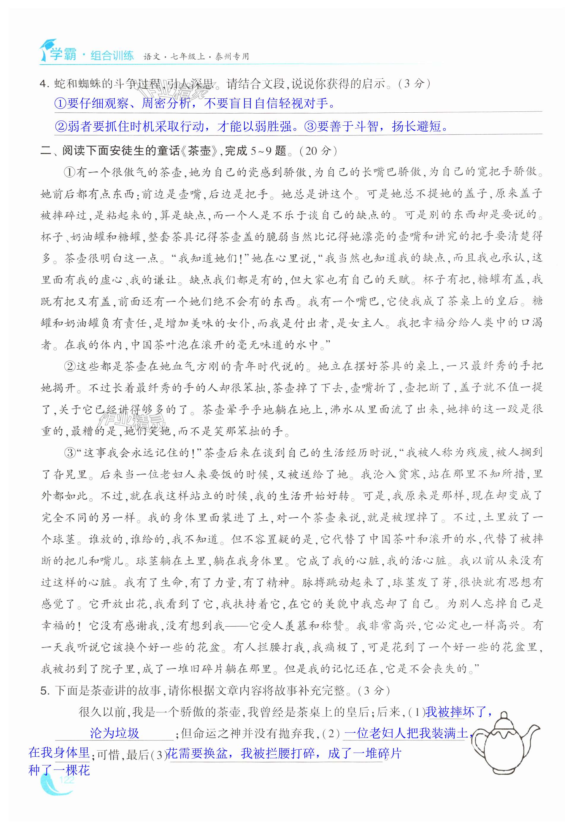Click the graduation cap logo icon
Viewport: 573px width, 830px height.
click(x=47, y=48)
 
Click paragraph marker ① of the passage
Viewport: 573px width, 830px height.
click(x=69, y=173)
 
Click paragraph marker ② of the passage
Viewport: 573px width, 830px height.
click(x=69, y=366)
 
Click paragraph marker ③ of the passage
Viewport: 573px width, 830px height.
click(x=69, y=453)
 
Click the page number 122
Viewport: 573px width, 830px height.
click(x=67, y=780)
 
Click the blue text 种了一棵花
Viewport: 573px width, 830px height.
click(x=59, y=770)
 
